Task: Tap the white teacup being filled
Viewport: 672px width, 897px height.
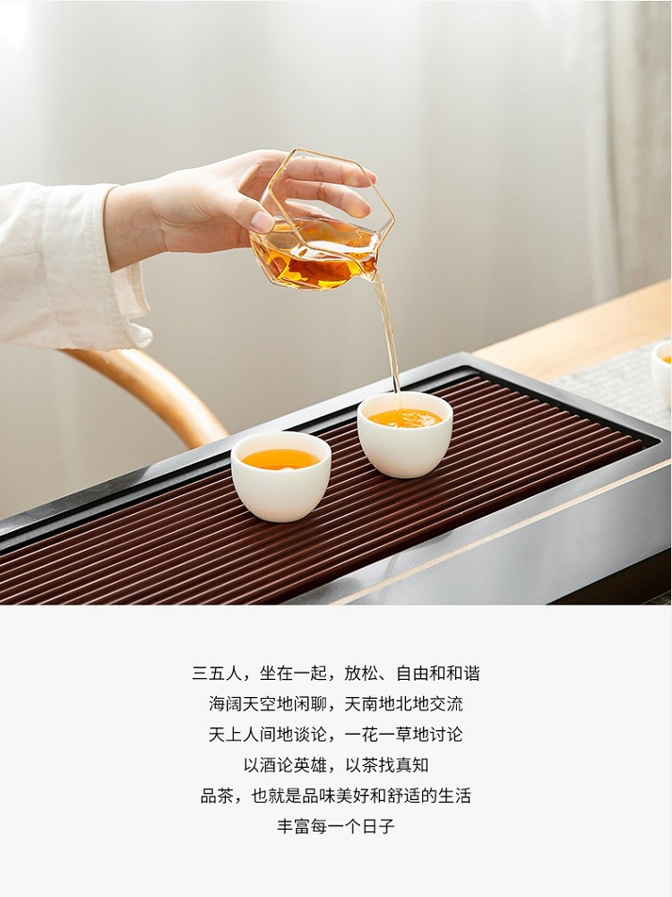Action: point(405,435)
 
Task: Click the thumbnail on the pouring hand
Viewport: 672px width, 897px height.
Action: point(262,222)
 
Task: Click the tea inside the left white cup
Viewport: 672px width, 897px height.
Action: point(280,458)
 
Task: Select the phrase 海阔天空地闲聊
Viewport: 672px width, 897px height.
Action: point(267,703)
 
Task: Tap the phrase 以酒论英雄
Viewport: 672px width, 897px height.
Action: point(286,765)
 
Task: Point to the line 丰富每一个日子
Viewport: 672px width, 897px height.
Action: point(336,826)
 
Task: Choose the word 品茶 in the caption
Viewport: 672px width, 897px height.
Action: point(217,795)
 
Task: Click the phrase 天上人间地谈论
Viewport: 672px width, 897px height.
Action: point(267,734)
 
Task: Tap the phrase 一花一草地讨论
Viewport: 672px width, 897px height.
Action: point(404,734)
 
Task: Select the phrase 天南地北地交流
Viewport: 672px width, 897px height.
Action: point(404,703)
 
